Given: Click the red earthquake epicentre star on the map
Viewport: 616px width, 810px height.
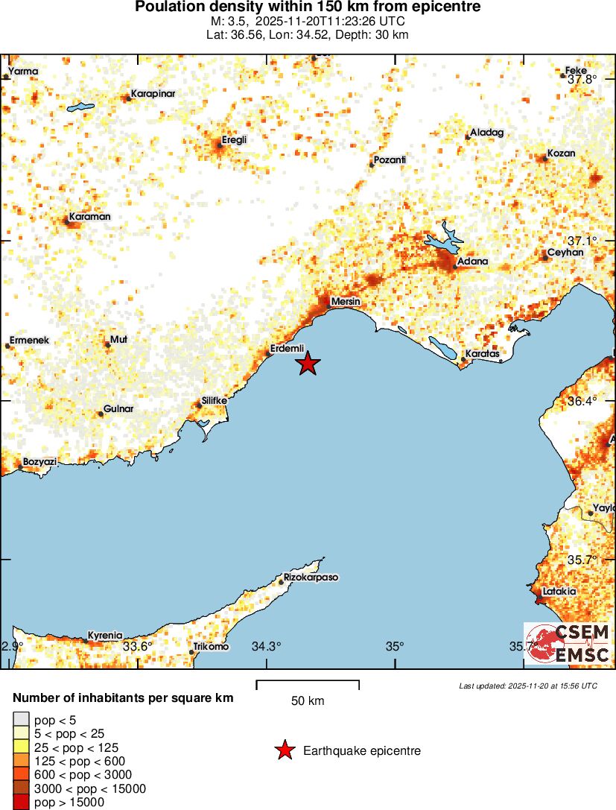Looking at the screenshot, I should click(308, 364).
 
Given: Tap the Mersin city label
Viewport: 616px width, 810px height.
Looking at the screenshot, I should click(346, 301).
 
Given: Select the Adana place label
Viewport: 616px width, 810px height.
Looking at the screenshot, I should click(473, 262).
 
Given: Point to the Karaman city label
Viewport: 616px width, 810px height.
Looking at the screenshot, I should click(89, 217).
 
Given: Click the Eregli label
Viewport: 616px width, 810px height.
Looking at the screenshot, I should click(234, 139).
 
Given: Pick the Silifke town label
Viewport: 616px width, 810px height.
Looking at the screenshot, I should click(215, 400).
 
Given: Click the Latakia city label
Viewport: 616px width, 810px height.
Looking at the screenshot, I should click(559, 591).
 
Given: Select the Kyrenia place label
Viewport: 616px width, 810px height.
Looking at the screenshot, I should click(105, 636).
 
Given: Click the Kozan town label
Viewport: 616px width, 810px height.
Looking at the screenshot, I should click(561, 154).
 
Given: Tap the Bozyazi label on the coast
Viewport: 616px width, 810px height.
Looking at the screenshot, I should click(39, 462).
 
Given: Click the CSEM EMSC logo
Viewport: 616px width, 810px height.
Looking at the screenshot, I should click(568, 643).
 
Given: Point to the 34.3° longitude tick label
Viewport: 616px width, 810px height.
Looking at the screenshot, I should click(266, 646).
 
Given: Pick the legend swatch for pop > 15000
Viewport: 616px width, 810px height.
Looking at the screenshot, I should click(22, 802).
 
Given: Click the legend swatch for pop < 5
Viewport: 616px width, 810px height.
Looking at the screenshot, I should click(22, 719).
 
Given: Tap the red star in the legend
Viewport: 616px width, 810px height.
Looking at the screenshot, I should click(285, 750).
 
